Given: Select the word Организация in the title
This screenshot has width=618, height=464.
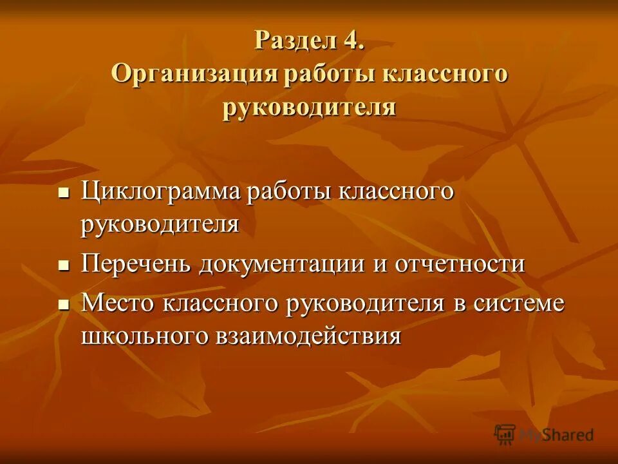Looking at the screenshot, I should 194,73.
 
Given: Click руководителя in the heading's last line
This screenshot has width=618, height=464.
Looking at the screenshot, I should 309,106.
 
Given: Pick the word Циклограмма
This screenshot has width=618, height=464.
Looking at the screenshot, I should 161,191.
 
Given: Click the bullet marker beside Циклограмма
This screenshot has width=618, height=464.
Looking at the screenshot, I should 63,193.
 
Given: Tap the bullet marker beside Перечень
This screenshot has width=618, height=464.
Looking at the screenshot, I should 63,265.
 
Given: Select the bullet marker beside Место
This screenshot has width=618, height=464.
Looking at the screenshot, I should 63,304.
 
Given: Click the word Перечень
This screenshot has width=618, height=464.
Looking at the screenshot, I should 136,264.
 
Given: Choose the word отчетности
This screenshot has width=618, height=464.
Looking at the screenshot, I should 456,264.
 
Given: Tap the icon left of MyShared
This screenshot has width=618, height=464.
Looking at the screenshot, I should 505,435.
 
